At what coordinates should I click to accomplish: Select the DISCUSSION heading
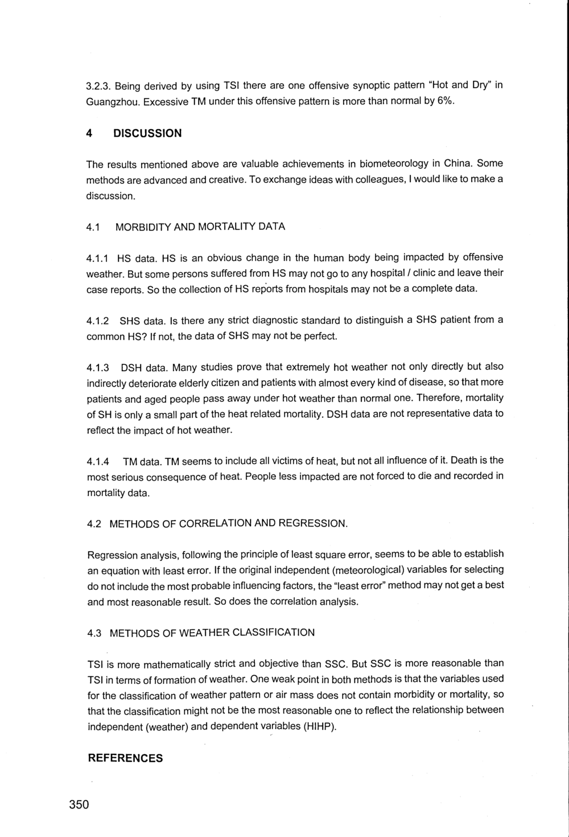click(x=147, y=133)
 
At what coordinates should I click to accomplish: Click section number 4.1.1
click(x=98, y=258)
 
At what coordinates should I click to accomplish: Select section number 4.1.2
click(x=98, y=321)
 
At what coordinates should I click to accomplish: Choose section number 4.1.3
click(x=98, y=367)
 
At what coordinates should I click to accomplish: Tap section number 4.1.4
click(x=98, y=461)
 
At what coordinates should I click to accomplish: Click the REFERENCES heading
click(x=125, y=758)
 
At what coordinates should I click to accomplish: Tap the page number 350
click(x=79, y=805)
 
